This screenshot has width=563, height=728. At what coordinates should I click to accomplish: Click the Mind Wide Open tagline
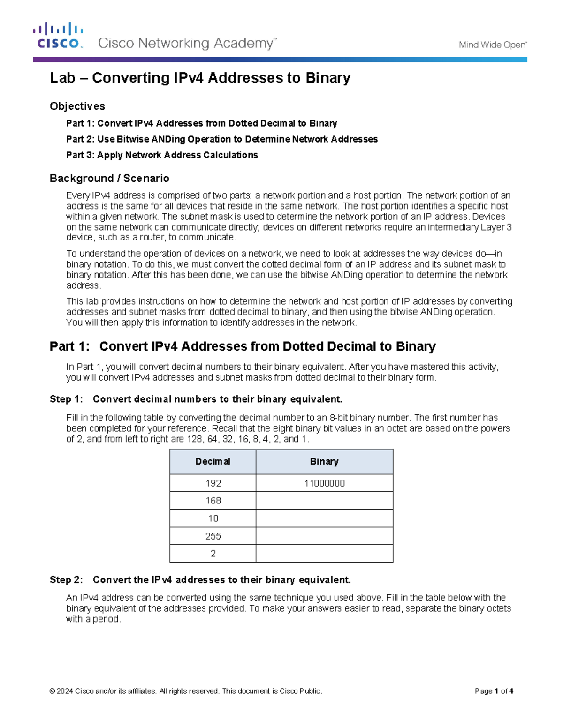point(493,45)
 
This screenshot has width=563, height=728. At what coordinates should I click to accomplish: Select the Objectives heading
point(77,106)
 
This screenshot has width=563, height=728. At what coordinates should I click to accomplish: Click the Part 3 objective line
point(162,155)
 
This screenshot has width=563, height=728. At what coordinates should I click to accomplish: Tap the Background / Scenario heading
point(109,178)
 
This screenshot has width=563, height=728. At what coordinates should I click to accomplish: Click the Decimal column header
point(213,462)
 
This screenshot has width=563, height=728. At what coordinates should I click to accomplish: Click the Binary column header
point(324,462)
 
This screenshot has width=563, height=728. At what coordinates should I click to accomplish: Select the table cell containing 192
point(213,483)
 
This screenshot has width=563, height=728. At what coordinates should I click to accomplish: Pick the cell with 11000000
point(324,483)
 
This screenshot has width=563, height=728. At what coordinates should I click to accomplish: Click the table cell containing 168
point(213,501)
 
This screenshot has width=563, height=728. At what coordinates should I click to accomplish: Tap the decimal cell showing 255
point(213,536)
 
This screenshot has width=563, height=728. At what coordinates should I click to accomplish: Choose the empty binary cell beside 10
point(324,518)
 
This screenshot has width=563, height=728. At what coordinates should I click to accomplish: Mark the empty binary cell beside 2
point(324,554)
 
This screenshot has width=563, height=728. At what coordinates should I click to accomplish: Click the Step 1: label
point(66,399)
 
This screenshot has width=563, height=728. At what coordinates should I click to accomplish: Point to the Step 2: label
point(66,580)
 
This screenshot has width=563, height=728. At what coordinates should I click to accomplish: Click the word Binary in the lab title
point(328,78)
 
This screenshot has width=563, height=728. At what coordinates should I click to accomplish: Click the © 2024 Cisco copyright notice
point(185,691)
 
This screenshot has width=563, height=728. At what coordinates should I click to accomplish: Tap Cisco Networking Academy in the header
point(186,44)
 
